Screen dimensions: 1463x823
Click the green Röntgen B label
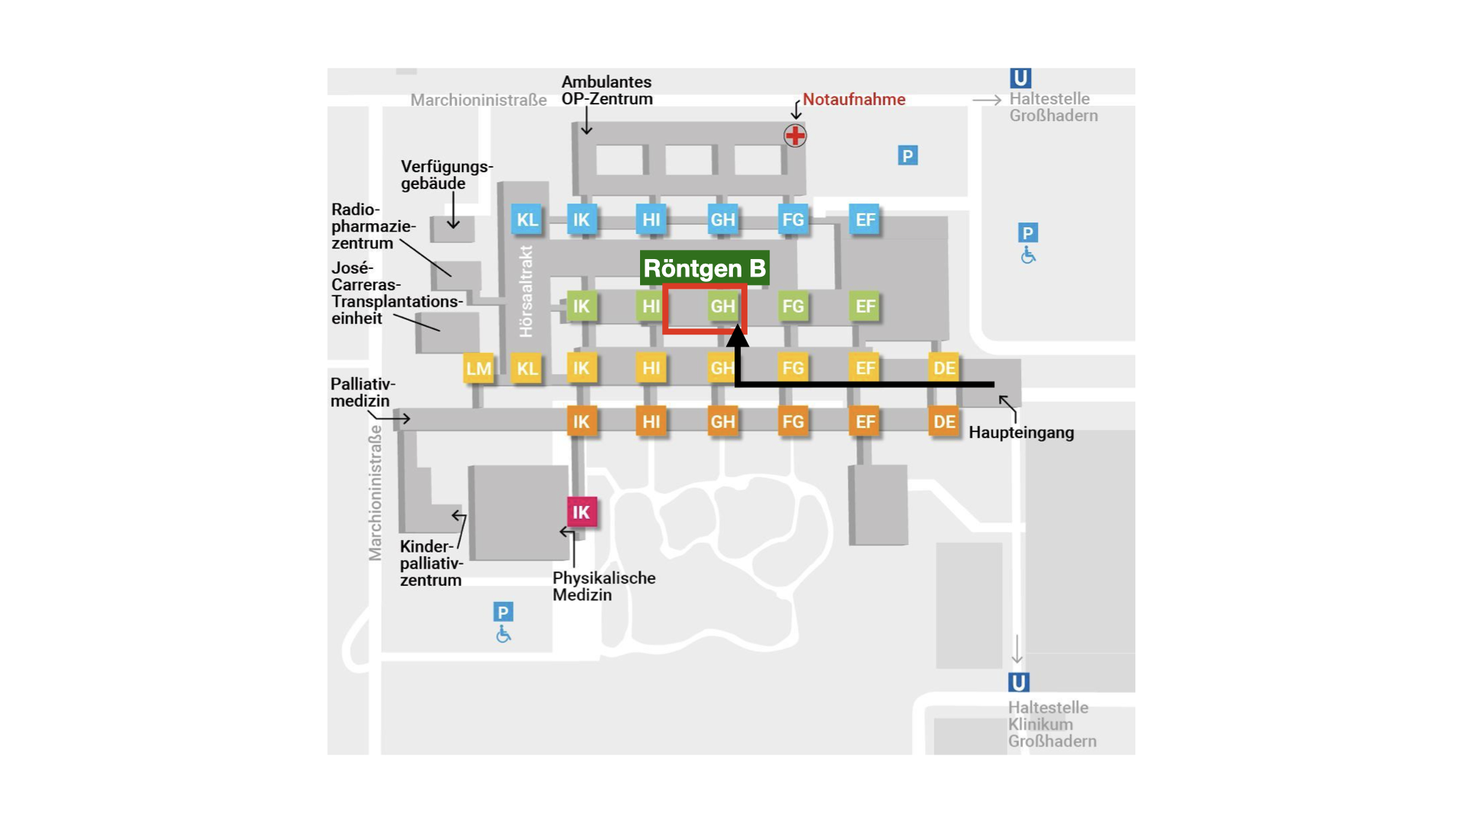click(x=704, y=268)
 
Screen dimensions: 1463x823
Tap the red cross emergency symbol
click(x=795, y=136)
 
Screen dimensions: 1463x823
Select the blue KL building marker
click(x=527, y=219)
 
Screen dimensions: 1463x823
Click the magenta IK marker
click(x=581, y=512)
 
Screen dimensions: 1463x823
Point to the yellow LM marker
click(x=479, y=369)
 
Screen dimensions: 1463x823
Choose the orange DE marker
click(x=944, y=421)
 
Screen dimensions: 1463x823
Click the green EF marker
click(x=865, y=306)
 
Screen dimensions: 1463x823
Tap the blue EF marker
click(x=865, y=219)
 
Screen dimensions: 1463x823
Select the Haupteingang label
click(x=1021, y=433)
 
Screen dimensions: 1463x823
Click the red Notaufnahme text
click(x=854, y=99)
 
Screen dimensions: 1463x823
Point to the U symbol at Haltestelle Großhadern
click(x=1020, y=78)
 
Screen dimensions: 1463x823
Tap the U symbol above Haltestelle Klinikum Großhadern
click(x=1019, y=682)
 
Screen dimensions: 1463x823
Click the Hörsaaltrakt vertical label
click(x=526, y=291)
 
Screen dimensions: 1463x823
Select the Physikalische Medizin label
click(x=603, y=586)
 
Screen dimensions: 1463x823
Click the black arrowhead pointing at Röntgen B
click(x=737, y=336)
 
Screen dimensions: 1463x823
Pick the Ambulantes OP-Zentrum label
click(x=607, y=90)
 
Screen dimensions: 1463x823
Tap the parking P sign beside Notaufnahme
click(x=907, y=155)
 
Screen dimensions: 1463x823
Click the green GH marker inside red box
click(x=722, y=306)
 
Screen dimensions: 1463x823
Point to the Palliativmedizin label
click(x=363, y=392)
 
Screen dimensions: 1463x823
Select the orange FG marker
click(x=792, y=421)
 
